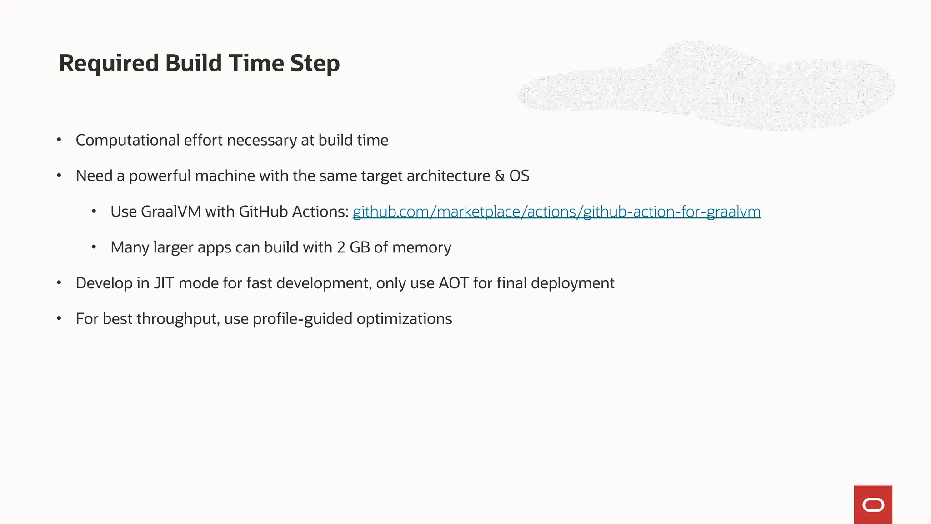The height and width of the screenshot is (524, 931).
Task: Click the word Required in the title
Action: click(109, 63)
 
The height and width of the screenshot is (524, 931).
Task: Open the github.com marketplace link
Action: click(556, 212)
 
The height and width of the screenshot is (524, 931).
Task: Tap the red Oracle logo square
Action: click(873, 504)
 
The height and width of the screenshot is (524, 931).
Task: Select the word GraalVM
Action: click(171, 212)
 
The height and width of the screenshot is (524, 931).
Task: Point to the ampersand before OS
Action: click(500, 176)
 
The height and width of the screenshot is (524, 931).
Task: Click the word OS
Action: click(519, 176)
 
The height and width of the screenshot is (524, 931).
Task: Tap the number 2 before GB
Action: click(341, 247)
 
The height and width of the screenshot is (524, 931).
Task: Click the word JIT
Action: click(164, 283)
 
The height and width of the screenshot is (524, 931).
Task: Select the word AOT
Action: click(453, 283)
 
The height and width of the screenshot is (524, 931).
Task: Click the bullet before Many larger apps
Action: click(94, 247)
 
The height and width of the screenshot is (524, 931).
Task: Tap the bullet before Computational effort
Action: click(59, 140)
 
